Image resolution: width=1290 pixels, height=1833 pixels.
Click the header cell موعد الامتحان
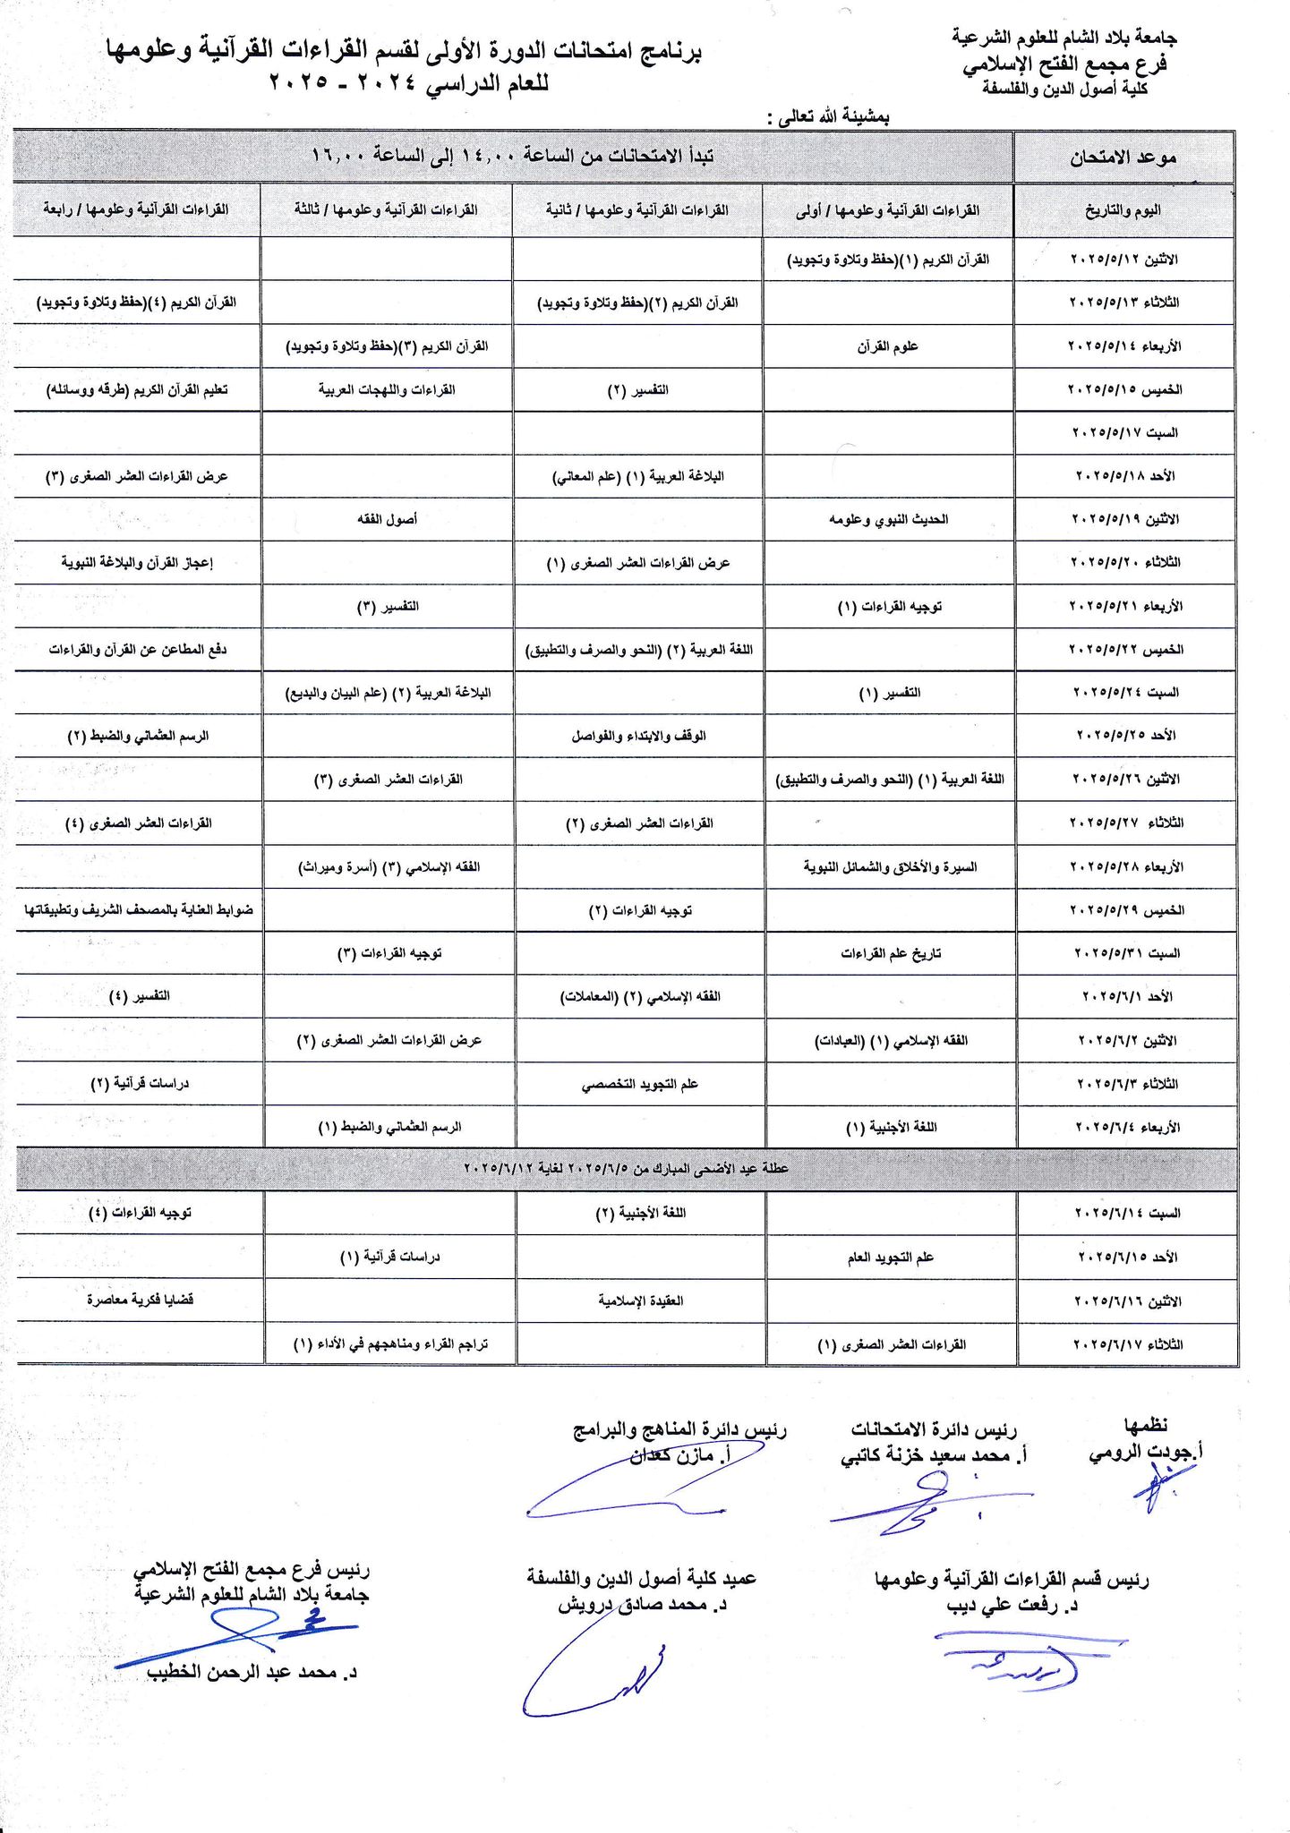(1123, 158)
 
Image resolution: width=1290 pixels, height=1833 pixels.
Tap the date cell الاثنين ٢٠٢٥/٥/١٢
(1124, 259)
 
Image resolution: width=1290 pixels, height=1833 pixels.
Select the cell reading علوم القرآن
(887, 345)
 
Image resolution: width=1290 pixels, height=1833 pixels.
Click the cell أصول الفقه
(387, 519)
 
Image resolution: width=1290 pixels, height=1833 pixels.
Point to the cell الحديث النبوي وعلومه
(888, 519)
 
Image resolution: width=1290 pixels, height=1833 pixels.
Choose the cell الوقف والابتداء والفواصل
(638, 736)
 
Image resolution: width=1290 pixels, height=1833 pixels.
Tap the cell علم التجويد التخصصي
(639, 1084)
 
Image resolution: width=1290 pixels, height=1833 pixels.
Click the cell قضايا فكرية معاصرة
(140, 1300)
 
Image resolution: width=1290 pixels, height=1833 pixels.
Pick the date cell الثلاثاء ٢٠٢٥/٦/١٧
(1127, 1344)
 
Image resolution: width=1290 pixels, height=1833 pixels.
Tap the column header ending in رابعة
(136, 209)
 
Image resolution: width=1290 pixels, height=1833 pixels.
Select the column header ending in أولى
(887, 210)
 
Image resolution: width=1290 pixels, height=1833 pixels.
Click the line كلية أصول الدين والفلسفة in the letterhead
(1064, 89)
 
